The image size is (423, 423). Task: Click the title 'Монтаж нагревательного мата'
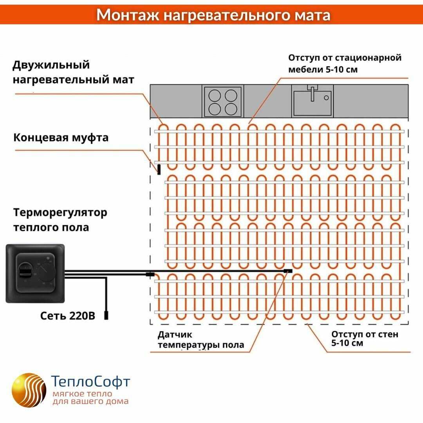point(213,14)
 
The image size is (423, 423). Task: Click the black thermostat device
point(35,273)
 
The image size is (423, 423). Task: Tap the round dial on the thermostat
point(46,273)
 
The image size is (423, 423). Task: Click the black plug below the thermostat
point(106,315)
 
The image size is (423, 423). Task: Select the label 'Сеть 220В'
point(67,316)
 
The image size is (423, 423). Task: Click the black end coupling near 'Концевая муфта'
point(159,169)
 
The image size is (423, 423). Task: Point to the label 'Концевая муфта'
point(61,138)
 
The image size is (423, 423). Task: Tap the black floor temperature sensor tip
point(288,271)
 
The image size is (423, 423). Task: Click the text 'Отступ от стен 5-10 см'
point(364,339)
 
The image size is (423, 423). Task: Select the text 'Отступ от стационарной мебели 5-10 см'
point(345,63)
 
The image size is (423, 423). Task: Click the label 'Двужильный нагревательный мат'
point(73,72)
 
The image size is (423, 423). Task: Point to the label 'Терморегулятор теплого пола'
point(60,220)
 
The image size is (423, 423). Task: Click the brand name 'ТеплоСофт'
point(90,381)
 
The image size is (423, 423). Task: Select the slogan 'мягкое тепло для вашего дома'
point(90,398)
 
